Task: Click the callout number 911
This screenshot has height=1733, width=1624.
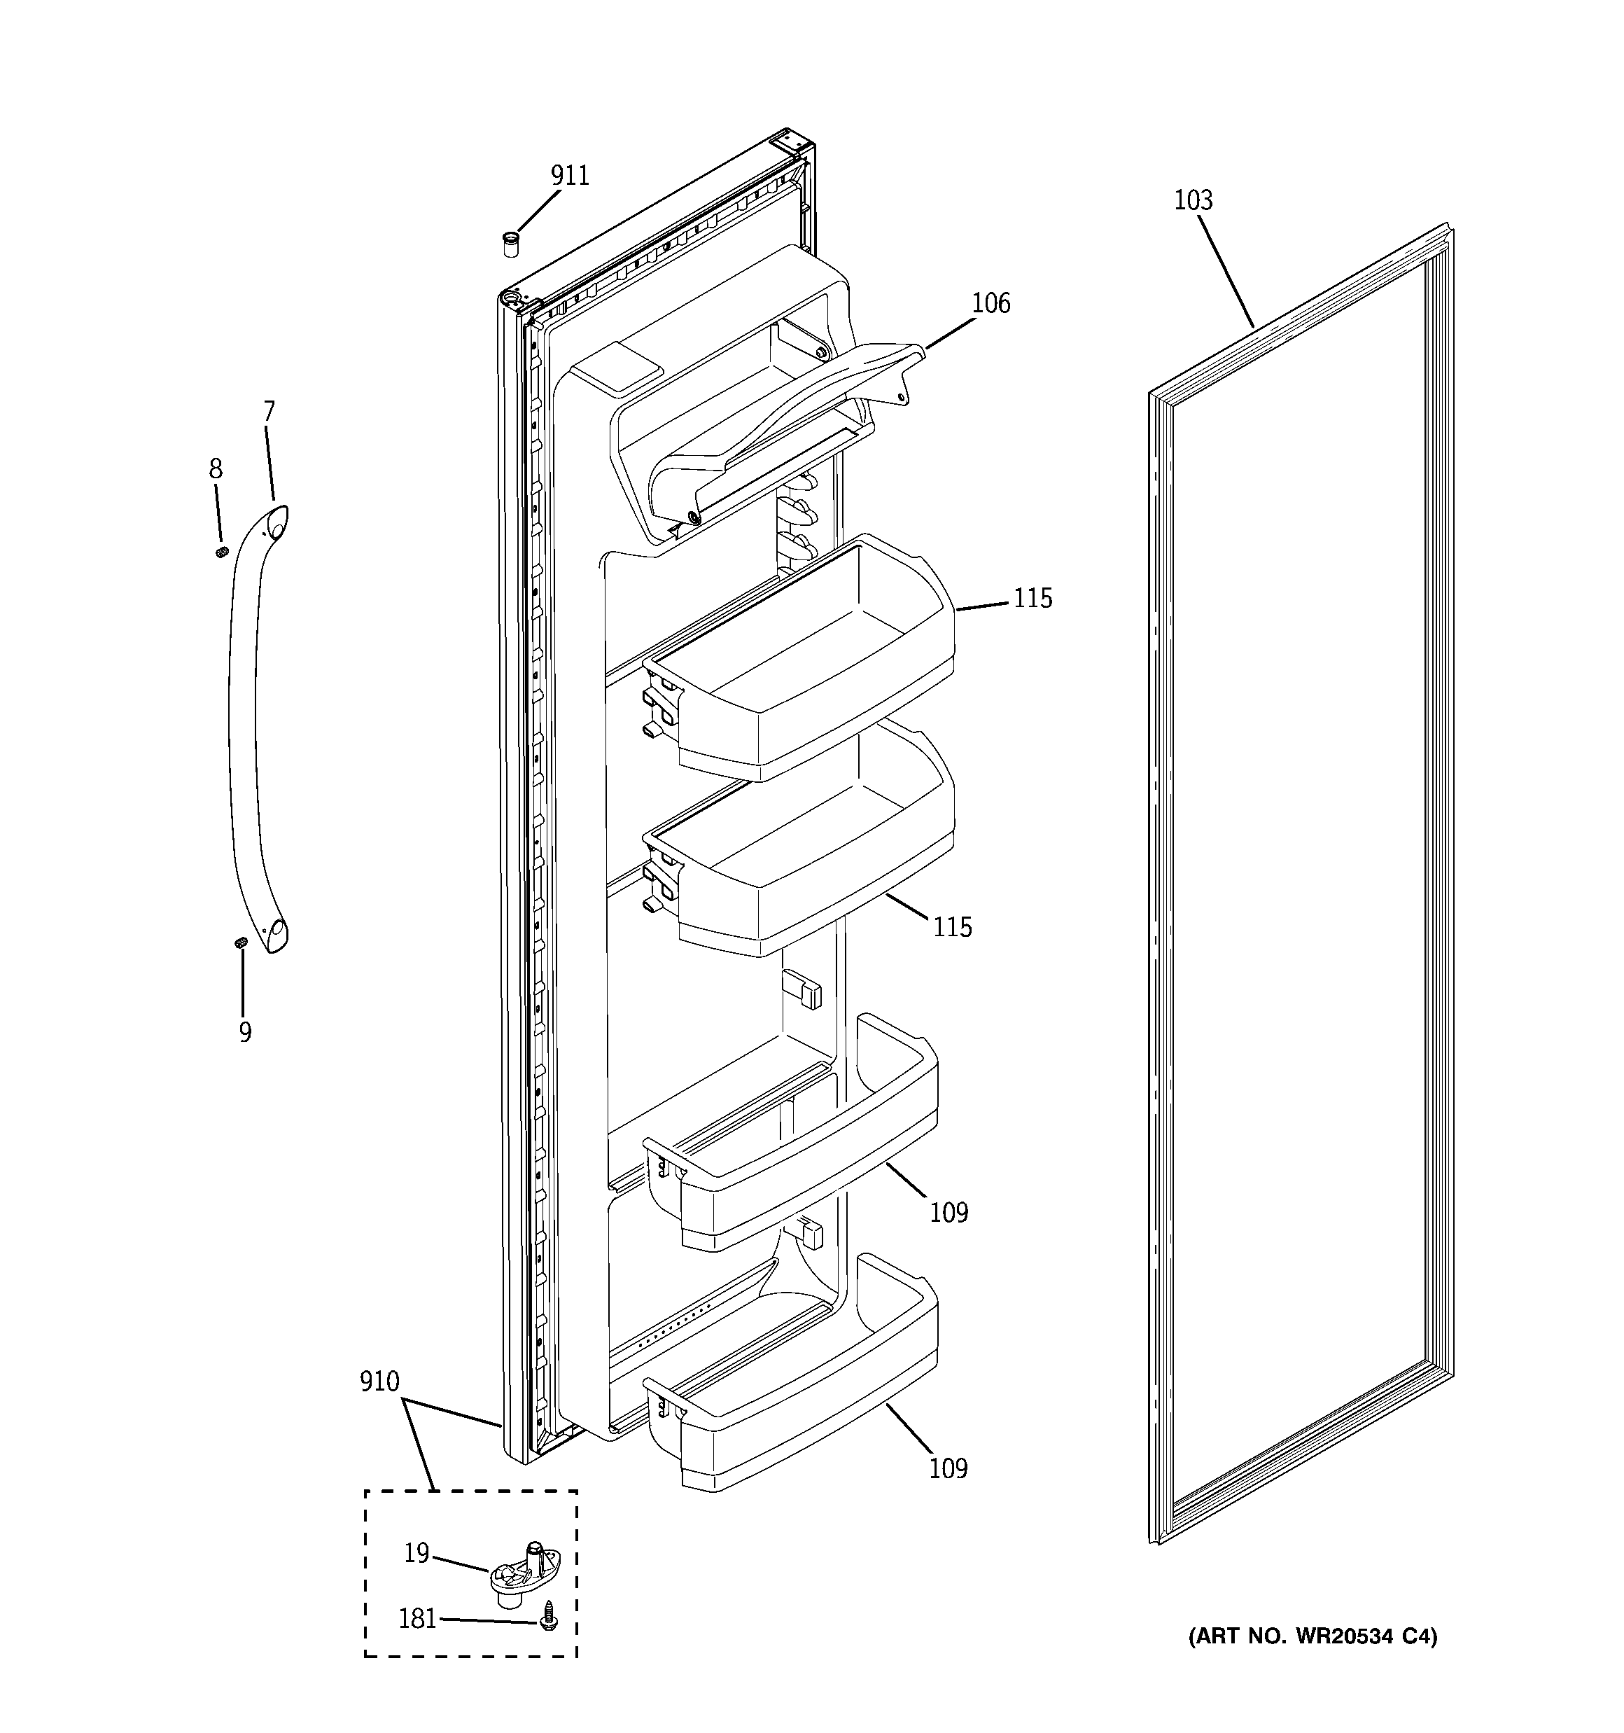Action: pos(569,176)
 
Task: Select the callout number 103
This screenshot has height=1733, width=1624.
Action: pos(1193,200)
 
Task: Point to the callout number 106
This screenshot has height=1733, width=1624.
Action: pos(990,303)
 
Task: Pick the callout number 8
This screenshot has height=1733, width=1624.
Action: pos(216,469)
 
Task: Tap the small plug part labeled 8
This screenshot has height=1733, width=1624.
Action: pos(221,552)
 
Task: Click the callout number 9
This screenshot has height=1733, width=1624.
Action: pos(245,1032)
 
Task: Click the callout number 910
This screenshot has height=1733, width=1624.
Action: pos(379,1381)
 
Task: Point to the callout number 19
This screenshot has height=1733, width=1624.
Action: pos(416,1552)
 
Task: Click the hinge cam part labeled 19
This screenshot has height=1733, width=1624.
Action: pos(523,1574)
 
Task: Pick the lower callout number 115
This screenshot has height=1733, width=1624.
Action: pos(952,926)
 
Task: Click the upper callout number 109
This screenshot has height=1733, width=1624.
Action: pos(948,1213)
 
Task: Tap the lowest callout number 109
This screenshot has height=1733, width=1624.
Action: pos(948,1469)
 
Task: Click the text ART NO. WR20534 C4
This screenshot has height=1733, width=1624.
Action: pos(1312,1636)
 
